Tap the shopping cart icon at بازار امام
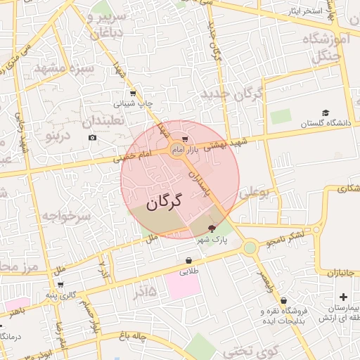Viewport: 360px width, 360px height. point(184,139)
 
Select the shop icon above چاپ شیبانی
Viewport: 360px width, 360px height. point(132,93)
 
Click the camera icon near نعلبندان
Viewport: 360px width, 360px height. point(93,137)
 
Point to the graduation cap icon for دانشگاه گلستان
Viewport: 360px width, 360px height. point(325,112)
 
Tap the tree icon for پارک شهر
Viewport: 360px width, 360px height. point(212,229)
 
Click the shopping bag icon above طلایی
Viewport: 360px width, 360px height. point(188,260)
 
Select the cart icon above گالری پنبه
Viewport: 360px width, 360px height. point(60,285)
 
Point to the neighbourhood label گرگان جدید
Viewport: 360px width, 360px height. point(231,94)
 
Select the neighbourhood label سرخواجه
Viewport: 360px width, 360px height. point(66,217)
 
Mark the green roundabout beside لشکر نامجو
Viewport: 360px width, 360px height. point(250,247)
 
